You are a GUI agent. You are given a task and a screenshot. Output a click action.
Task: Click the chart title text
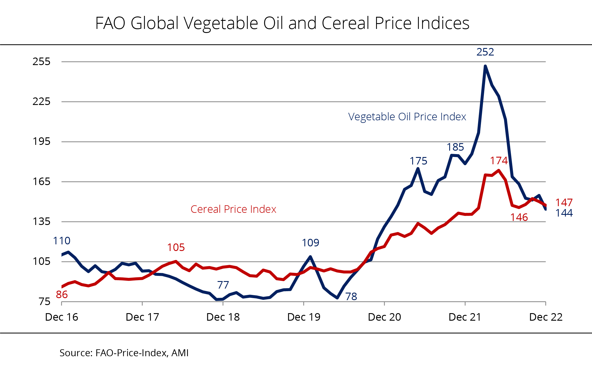(282, 23)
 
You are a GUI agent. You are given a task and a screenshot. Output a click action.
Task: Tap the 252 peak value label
(485, 52)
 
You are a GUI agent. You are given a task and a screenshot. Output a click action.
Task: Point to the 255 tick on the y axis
(41, 62)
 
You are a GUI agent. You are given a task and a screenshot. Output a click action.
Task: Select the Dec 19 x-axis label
(304, 317)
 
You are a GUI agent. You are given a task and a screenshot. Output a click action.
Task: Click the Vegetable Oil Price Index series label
(407, 117)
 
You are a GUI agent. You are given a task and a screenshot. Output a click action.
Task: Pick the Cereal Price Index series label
(233, 209)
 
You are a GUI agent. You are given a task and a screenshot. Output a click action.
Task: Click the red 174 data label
(499, 161)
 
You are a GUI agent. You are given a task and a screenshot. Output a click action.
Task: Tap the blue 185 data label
(455, 147)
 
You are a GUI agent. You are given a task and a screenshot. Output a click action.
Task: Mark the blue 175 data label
(418, 161)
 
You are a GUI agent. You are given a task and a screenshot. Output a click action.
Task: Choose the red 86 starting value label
(62, 295)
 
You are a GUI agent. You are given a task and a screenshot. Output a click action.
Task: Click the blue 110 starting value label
(62, 241)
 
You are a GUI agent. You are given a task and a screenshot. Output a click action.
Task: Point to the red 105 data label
(176, 248)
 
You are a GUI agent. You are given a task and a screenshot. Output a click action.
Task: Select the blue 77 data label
(223, 285)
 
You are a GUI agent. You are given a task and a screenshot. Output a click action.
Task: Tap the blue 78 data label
(351, 297)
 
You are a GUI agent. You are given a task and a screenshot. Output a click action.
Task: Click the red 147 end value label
(564, 203)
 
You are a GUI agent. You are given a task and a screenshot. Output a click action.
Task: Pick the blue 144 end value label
(564, 213)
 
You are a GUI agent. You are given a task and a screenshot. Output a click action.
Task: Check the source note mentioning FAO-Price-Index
(124, 353)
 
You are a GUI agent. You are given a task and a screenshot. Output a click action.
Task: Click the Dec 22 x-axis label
(545, 317)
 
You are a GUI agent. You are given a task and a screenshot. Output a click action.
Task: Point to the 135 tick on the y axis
(41, 221)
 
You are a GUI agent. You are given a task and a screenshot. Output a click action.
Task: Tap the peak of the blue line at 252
(485, 66)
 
